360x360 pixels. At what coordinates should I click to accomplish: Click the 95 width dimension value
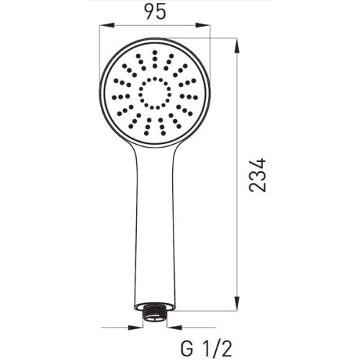tap(156, 12)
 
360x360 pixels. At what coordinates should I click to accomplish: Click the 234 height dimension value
tap(258, 175)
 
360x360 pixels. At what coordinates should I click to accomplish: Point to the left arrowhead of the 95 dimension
tap(107, 25)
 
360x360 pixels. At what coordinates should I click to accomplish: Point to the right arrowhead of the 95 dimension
tap(203, 25)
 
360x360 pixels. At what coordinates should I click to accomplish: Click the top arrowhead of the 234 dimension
tap(237, 45)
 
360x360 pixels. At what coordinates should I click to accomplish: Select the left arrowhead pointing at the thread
tap(135, 327)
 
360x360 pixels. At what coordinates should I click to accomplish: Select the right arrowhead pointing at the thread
tap(174, 327)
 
